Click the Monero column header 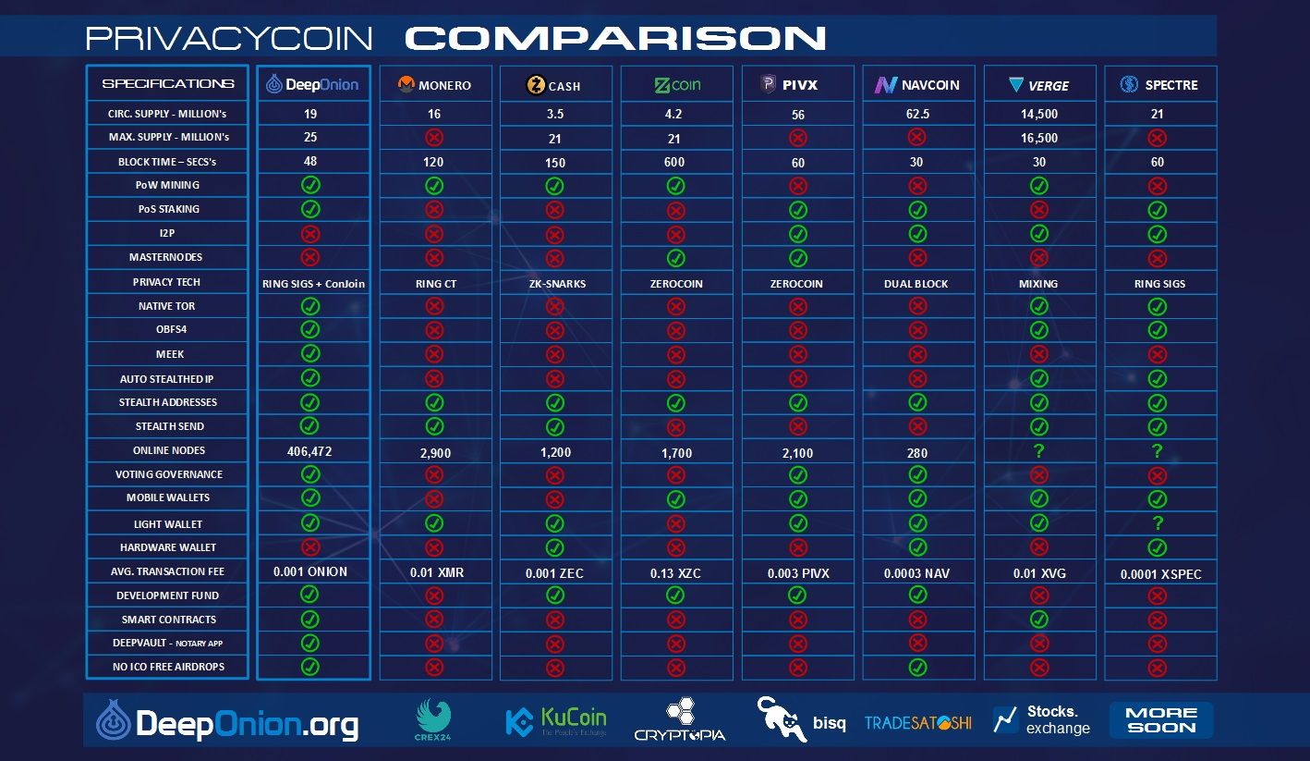[x=435, y=84]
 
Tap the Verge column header [x=1038, y=85]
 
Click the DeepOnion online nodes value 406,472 [x=309, y=451]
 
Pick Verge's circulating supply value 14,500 [x=1039, y=114]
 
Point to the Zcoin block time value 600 [x=674, y=162]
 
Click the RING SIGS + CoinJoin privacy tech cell [x=313, y=284]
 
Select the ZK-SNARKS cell [x=557, y=284]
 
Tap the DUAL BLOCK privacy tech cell [x=916, y=284]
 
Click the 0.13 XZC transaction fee [x=675, y=573]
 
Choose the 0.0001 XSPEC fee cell [x=1161, y=574]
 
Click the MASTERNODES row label [x=165, y=257]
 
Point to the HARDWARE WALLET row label [x=168, y=547]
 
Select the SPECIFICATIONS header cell [x=168, y=84]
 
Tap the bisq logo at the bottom [x=801, y=719]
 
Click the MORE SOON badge [x=1161, y=720]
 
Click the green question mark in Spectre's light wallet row [x=1158, y=522]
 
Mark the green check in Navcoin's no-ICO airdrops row [x=917, y=667]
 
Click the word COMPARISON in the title [x=615, y=38]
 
